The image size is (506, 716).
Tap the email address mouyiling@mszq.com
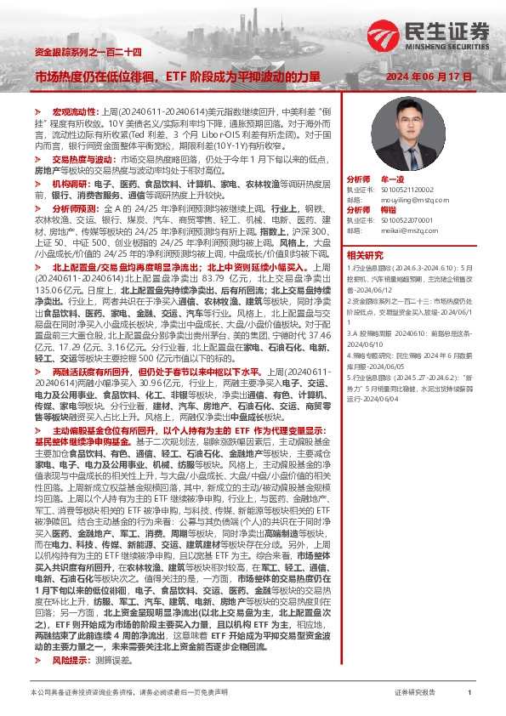[404, 201]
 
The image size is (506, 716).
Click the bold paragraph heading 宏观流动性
[76, 112]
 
